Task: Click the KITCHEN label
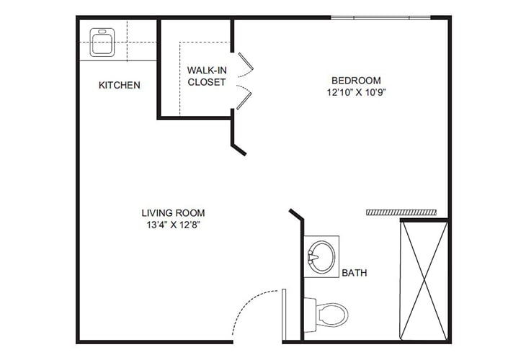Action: pyautogui.click(x=120, y=85)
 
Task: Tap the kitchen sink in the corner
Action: pyautogui.click(x=103, y=42)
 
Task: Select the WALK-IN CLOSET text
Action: pyautogui.click(x=207, y=76)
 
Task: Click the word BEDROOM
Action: pyautogui.click(x=356, y=80)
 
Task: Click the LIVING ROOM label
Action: pyautogui.click(x=173, y=212)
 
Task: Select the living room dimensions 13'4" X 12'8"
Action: pyautogui.click(x=173, y=225)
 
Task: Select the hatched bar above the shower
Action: pyautogui.click(x=401, y=212)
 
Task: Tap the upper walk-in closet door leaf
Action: pyautogui.click(x=244, y=63)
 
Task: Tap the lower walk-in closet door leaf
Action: pyautogui.click(x=244, y=99)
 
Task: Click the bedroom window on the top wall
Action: pyautogui.click(x=380, y=17)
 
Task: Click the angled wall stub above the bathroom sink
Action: pyautogui.click(x=296, y=216)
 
